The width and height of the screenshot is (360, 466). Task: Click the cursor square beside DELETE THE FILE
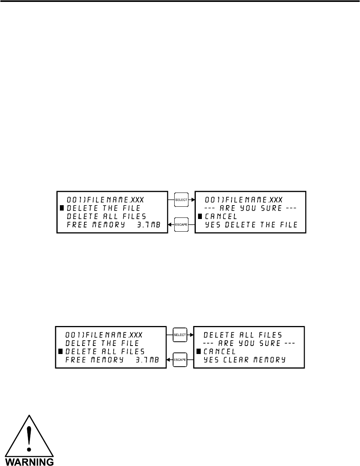click(x=61, y=208)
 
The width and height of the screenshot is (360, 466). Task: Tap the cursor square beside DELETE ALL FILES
click(x=60, y=351)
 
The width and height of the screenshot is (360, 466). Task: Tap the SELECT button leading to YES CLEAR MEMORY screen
click(x=180, y=335)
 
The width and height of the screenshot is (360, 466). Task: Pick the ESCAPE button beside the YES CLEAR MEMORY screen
click(x=180, y=360)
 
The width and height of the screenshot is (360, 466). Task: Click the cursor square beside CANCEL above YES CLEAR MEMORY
click(x=199, y=351)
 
